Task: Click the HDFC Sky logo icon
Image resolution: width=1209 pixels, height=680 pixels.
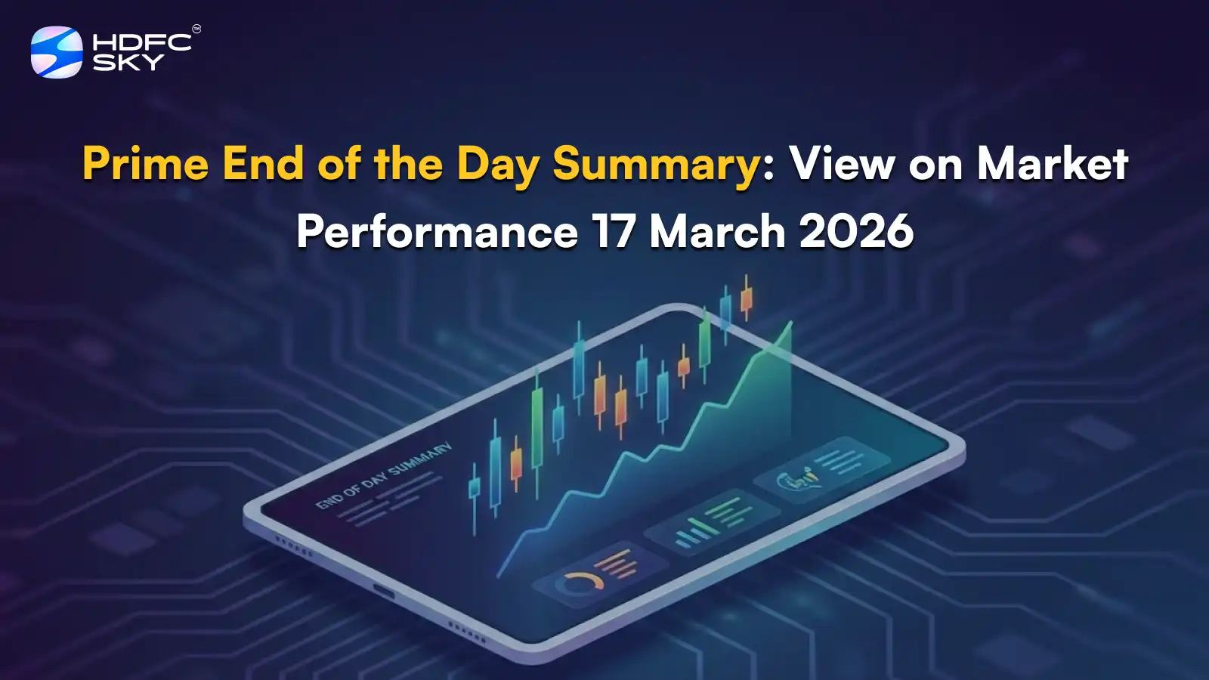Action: (x=57, y=52)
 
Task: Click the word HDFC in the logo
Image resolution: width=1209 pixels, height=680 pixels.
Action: (x=142, y=42)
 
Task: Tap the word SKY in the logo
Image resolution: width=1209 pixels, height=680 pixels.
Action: (x=128, y=63)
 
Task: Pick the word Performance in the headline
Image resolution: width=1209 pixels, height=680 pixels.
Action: (x=437, y=231)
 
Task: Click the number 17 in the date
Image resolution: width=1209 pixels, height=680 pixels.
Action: (x=613, y=231)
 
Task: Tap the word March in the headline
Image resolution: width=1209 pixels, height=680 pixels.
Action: (x=717, y=231)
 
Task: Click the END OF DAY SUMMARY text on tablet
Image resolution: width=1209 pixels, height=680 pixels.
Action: (x=383, y=476)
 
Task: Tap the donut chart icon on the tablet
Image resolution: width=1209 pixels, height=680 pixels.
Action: (x=578, y=583)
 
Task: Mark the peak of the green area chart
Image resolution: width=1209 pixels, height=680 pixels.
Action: (x=790, y=323)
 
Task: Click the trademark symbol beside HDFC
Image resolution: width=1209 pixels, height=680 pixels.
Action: (x=196, y=29)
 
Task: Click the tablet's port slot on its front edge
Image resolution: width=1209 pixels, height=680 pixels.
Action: (x=384, y=591)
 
